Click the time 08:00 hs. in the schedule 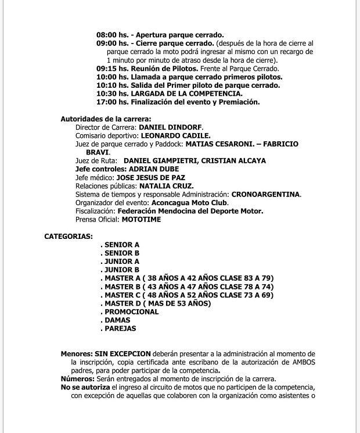point(112,35)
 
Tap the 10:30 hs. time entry point(112,94)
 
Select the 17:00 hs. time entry point(112,102)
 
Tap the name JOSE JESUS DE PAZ point(151,177)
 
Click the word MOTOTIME point(141,220)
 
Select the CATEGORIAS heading point(68,237)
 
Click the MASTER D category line point(156,303)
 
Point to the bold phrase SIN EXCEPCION point(123,354)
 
